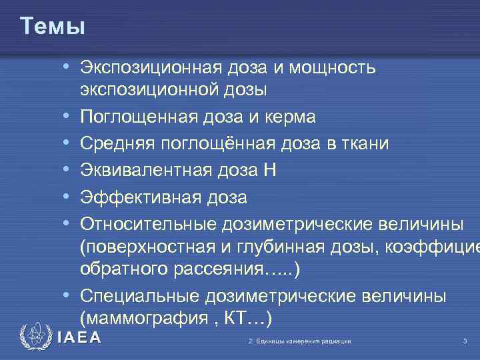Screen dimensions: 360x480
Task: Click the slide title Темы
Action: point(53,26)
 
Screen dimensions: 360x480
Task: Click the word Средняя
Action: point(118,144)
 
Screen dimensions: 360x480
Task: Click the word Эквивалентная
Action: point(146,171)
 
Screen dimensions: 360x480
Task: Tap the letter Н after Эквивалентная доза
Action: point(269,171)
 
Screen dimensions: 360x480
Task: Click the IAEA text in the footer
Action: point(79,338)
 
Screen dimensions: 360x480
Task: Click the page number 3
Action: point(464,342)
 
